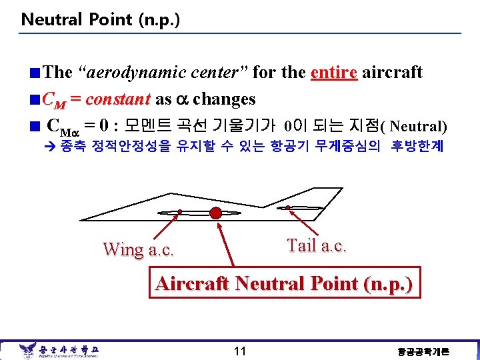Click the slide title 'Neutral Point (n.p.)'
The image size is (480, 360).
click(100, 19)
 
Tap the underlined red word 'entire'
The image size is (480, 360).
click(335, 72)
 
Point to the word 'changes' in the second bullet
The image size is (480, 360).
click(225, 99)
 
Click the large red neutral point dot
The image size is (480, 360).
click(215, 213)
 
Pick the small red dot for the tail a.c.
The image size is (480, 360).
click(288, 207)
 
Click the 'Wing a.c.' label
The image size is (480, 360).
click(138, 250)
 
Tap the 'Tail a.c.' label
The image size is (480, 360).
click(317, 245)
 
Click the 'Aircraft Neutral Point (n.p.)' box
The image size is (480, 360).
click(284, 284)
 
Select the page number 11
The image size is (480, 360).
click(240, 351)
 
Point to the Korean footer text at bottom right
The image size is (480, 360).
click(423, 351)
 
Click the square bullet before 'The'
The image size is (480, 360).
click(35, 73)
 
